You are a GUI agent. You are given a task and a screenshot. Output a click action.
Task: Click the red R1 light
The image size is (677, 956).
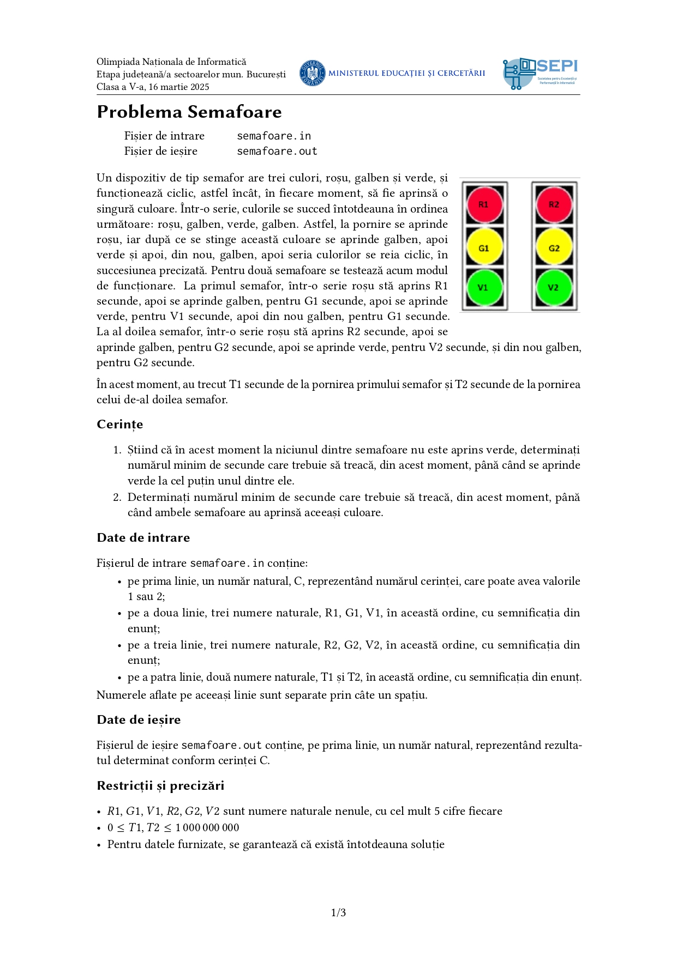tap(483, 204)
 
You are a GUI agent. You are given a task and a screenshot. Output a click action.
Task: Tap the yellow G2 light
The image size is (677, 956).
tap(554, 248)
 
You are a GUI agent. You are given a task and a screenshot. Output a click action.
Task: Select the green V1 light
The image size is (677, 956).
tap(483, 287)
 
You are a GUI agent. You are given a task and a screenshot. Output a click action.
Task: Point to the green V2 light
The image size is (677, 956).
tap(554, 287)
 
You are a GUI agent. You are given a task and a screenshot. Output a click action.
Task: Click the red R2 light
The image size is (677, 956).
tap(554, 204)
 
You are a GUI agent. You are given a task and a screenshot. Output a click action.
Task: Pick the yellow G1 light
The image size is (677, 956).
tap(483, 248)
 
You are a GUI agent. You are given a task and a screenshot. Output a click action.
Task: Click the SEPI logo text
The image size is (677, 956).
tap(556, 66)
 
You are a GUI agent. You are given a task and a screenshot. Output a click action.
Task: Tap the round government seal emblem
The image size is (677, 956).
tap(313, 73)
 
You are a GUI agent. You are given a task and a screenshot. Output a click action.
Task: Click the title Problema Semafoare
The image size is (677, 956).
tap(189, 112)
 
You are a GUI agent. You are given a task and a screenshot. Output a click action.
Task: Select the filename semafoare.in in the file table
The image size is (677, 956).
tap(274, 136)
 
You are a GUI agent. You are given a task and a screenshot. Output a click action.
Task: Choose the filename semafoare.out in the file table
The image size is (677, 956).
tap(277, 151)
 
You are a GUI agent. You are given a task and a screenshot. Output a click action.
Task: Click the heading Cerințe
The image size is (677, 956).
tap(120, 425)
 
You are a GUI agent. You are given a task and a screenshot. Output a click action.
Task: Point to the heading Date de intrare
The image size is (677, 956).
tap(143, 538)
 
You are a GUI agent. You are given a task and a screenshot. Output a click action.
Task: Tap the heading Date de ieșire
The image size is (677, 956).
tap(139, 720)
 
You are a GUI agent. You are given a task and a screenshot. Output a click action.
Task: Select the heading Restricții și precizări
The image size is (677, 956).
tap(160, 786)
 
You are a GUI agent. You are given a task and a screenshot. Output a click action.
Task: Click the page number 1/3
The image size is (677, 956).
tap(338, 912)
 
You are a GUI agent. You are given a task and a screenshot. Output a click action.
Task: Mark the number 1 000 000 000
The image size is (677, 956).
tap(207, 827)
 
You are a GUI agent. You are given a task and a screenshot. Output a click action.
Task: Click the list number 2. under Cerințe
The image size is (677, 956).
tap(117, 497)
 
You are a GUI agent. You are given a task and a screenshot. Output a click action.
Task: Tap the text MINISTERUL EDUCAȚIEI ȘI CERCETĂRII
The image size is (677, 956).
tap(406, 73)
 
